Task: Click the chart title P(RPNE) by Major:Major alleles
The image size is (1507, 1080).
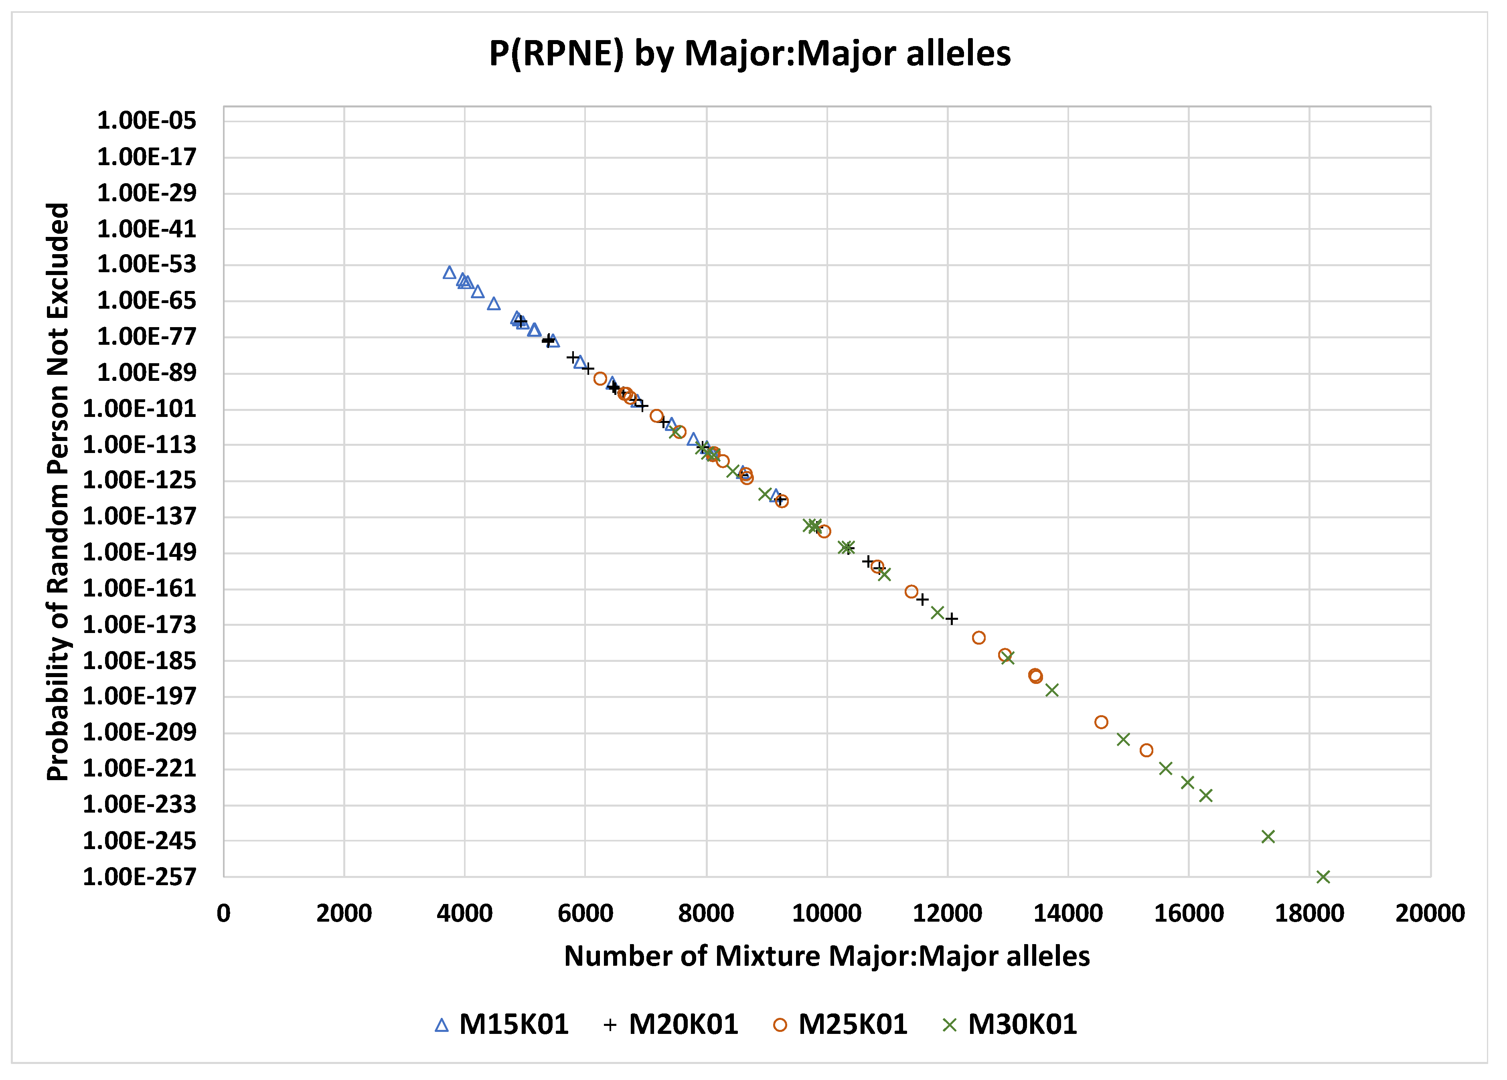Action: pos(749,53)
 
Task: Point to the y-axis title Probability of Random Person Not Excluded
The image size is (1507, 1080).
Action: pos(59,491)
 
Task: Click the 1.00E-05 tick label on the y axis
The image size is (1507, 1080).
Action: pos(147,121)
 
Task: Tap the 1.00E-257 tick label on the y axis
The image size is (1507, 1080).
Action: pos(140,878)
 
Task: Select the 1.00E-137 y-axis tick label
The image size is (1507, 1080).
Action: pos(140,516)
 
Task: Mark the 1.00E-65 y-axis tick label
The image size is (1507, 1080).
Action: pos(147,301)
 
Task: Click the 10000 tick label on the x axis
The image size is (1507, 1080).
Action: pos(826,913)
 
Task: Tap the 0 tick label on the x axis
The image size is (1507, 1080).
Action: pos(224,913)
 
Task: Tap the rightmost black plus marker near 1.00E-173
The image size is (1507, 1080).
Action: pos(952,619)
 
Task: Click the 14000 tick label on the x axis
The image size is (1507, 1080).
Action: pos(1068,913)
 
